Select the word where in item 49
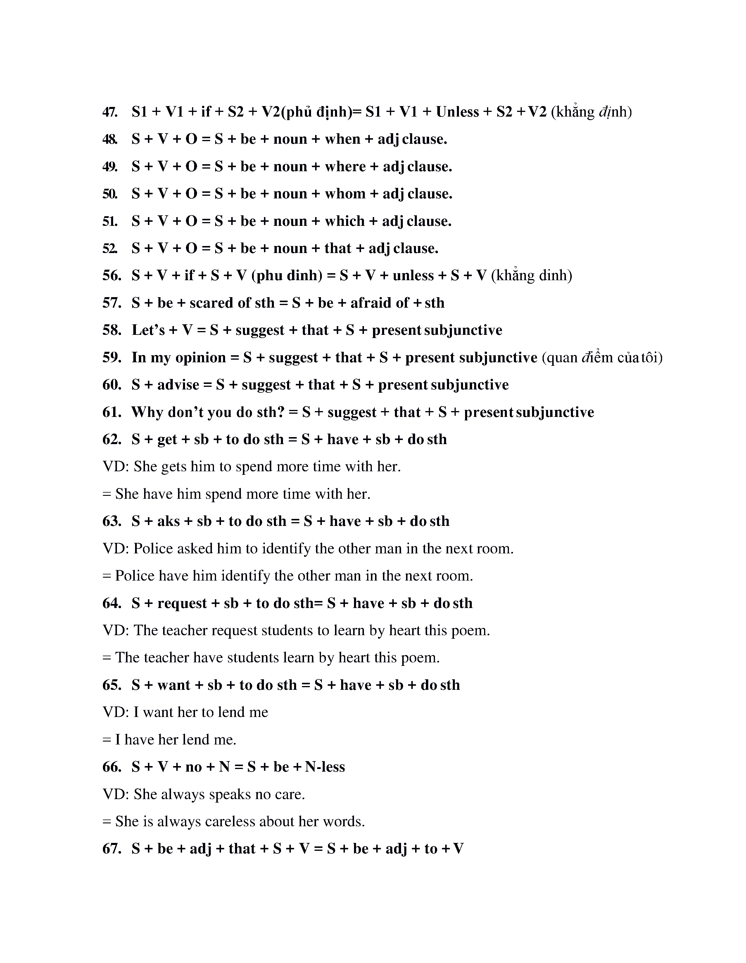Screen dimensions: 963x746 (345, 167)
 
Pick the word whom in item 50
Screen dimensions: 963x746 (345, 194)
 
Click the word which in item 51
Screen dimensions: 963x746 (345, 221)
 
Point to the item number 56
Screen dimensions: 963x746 (112, 276)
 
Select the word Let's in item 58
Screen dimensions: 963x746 (148, 330)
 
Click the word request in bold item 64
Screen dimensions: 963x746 (182, 603)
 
